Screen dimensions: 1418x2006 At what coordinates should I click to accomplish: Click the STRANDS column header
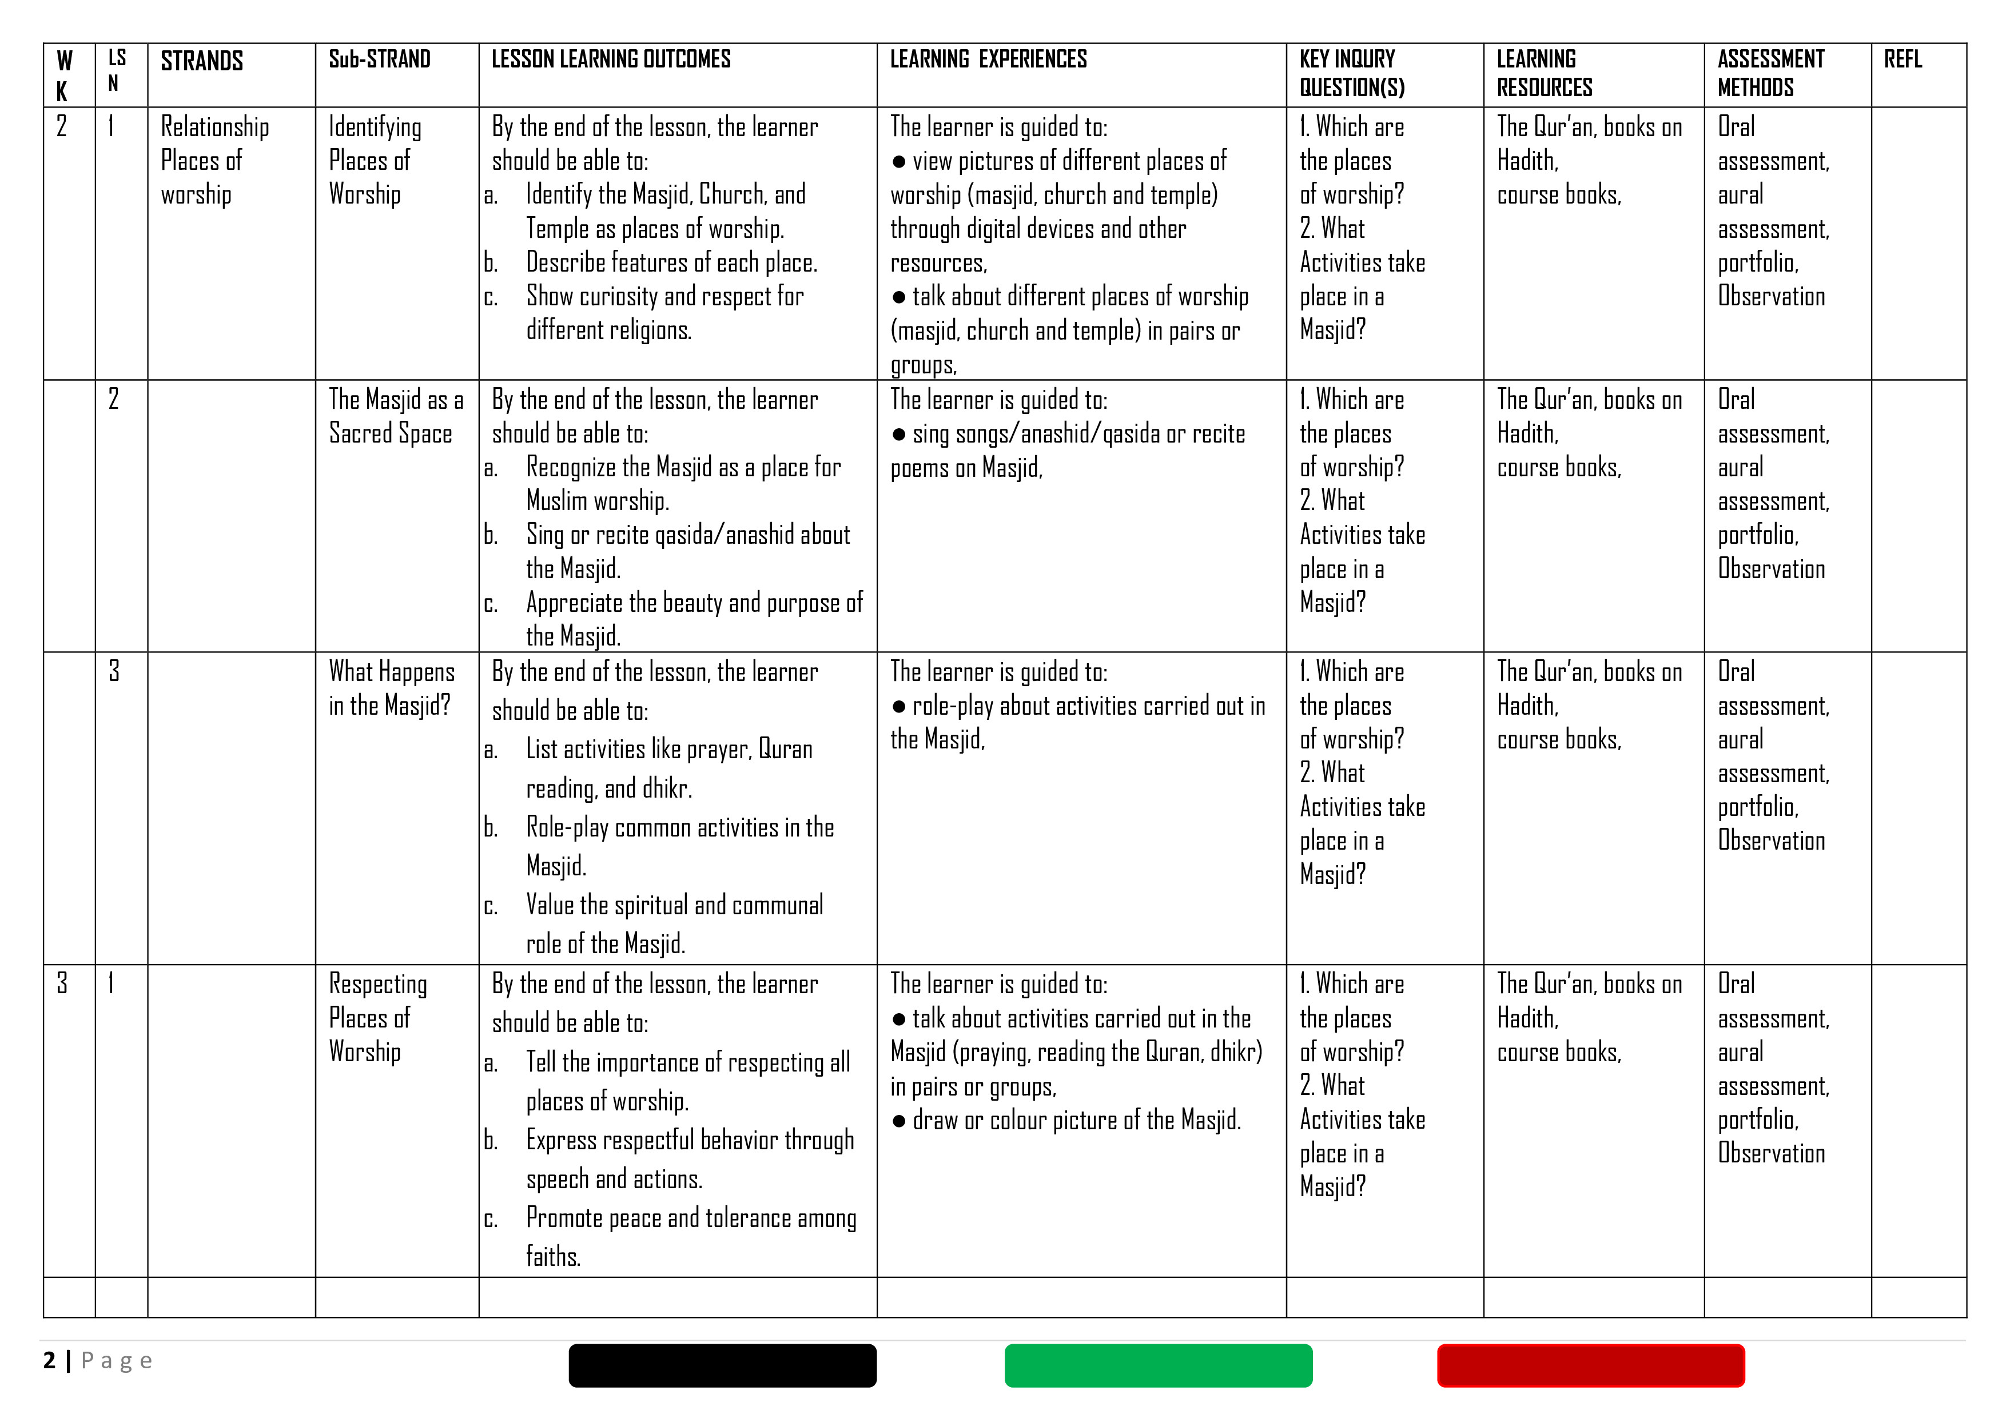[x=202, y=61]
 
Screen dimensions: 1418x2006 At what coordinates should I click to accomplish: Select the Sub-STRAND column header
[x=379, y=59]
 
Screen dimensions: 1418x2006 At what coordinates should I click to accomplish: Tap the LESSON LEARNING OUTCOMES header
[x=611, y=59]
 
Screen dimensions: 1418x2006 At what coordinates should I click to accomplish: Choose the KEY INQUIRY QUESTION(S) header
[x=1352, y=73]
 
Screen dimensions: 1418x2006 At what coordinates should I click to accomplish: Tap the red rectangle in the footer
[x=1590, y=1365]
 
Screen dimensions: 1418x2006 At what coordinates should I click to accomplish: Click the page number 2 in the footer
[x=50, y=1360]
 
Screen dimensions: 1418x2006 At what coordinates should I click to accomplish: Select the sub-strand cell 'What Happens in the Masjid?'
[x=391, y=688]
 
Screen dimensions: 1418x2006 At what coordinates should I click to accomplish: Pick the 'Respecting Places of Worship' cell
[x=377, y=1018]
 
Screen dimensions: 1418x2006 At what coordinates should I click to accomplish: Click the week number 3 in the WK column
[x=62, y=984]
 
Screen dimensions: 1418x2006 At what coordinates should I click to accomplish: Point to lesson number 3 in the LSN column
[x=114, y=671]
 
